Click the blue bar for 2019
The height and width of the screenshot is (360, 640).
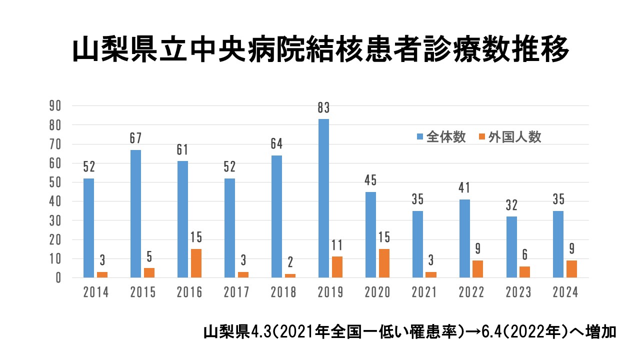tap(323, 198)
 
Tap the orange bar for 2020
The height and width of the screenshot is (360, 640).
tap(383, 263)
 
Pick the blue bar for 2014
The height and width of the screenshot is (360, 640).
tap(88, 228)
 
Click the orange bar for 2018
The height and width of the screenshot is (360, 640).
tap(289, 275)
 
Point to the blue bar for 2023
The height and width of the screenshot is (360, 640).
tap(511, 247)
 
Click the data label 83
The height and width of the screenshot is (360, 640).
tap(323, 107)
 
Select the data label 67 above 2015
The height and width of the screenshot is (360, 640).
tap(135, 138)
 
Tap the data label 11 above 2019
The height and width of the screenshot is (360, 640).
tap(336, 245)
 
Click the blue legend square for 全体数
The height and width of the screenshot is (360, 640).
tap(420, 137)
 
